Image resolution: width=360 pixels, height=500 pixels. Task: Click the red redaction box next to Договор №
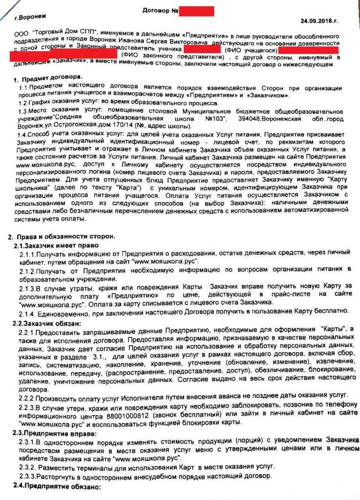coord(196,11)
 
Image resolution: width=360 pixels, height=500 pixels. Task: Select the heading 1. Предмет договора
coord(48,78)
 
